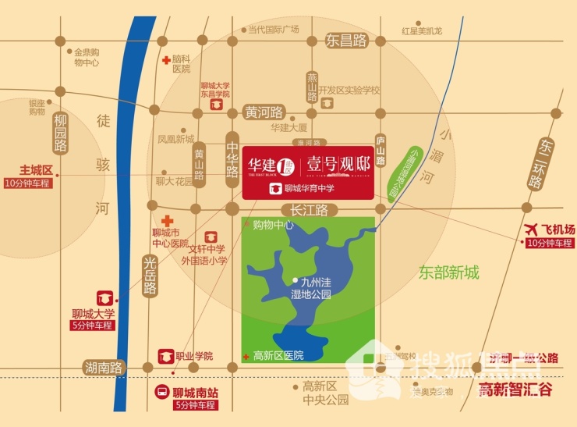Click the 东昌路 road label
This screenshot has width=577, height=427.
click(346, 41)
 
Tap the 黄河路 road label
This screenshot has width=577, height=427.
click(265, 111)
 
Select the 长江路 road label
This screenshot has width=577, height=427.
click(312, 209)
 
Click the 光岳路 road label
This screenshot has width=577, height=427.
click(150, 277)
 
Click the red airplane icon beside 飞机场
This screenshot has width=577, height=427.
click(532, 230)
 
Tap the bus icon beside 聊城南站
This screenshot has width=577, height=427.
click(161, 392)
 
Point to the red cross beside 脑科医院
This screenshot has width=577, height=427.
click(165, 60)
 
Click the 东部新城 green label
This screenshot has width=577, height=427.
click(448, 272)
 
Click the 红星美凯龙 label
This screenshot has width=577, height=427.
click(422, 30)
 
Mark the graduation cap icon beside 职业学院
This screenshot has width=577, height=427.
click(165, 356)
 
